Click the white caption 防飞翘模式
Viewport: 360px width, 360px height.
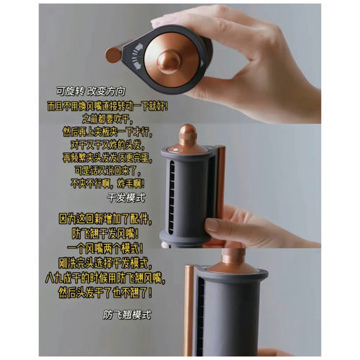click(x=127, y=314)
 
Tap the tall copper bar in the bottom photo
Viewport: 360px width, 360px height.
click(x=191, y=309)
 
